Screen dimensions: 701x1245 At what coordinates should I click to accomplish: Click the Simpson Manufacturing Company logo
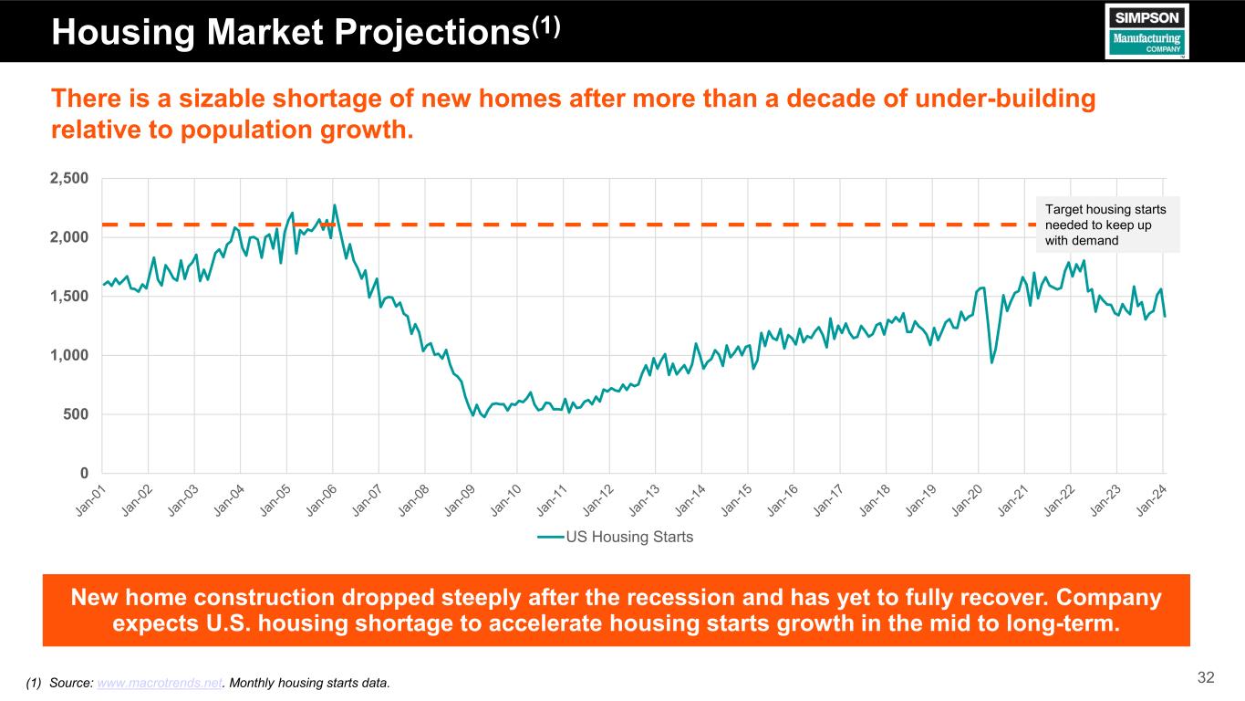pos(1147,31)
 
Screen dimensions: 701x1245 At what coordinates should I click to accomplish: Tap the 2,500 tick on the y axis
pos(69,178)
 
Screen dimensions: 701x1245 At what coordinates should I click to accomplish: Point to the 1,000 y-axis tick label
pos(69,355)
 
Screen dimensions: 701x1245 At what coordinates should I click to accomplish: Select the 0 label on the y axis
pos(83,473)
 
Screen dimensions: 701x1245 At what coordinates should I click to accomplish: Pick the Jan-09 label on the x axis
pos(461,500)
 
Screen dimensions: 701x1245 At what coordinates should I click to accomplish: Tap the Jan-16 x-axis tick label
pos(783,500)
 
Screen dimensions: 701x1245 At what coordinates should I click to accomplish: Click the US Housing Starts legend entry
pos(616,537)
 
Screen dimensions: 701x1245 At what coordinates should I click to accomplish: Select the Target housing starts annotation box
pos(1107,225)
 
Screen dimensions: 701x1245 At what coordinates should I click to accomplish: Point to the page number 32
pos(1206,677)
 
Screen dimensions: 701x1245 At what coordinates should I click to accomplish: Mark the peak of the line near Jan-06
pos(335,204)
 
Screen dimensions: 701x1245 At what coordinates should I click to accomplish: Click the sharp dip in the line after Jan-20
pos(992,362)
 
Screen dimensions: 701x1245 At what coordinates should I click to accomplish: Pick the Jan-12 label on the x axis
pos(598,500)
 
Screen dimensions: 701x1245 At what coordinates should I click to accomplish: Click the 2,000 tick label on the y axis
pos(69,237)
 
